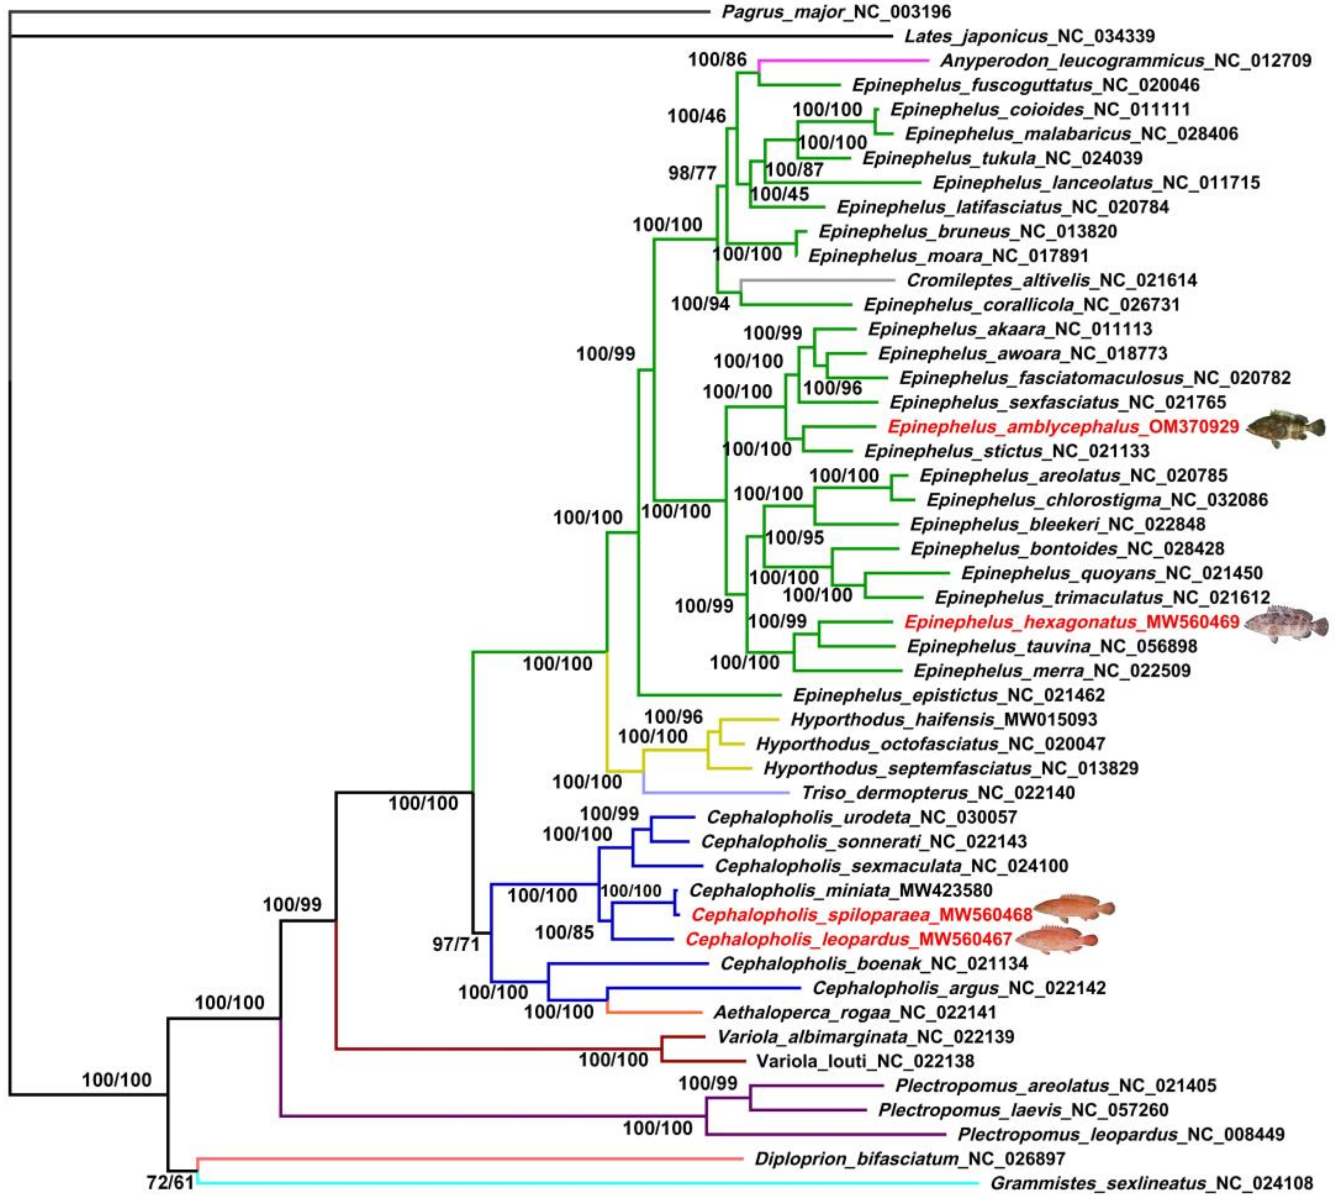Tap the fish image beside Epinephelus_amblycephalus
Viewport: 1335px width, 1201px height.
coord(1285,428)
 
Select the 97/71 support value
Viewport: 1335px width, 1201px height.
coord(456,944)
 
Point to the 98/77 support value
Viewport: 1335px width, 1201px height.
coord(692,173)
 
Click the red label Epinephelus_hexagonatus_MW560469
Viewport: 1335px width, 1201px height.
coord(1071,621)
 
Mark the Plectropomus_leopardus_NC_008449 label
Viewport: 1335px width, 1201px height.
coord(1120,1134)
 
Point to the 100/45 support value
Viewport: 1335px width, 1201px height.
coord(780,194)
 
